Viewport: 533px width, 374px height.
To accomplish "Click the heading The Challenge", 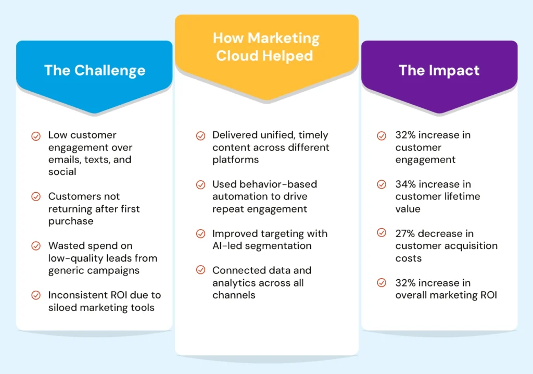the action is click(x=95, y=70).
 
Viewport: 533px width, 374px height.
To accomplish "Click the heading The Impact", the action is click(x=439, y=70).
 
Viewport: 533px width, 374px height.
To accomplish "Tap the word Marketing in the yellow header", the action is click(x=284, y=39).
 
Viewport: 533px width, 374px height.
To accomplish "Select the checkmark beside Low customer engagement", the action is click(x=36, y=136).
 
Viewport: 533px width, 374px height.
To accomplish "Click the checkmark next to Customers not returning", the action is click(x=36, y=197).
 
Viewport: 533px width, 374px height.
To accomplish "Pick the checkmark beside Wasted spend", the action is click(x=36, y=246).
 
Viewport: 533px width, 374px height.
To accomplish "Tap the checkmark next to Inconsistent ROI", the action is click(x=36, y=295).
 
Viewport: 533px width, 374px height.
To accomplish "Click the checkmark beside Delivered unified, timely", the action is click(x=200, y=136).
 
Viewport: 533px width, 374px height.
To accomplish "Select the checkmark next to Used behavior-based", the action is click(x=200, y=185).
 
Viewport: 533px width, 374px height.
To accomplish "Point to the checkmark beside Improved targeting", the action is click(x=200, y=234).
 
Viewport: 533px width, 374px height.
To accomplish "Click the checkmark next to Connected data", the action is click(x=200, y=270).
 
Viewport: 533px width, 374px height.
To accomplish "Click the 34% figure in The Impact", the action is click(x=405, y=184).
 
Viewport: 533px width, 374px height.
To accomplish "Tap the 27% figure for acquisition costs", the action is click(x=405, y=234).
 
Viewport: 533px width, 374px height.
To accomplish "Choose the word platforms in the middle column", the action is click(x=236, y=160).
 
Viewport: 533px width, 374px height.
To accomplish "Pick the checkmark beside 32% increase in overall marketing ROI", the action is click(x=382, y=283).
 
